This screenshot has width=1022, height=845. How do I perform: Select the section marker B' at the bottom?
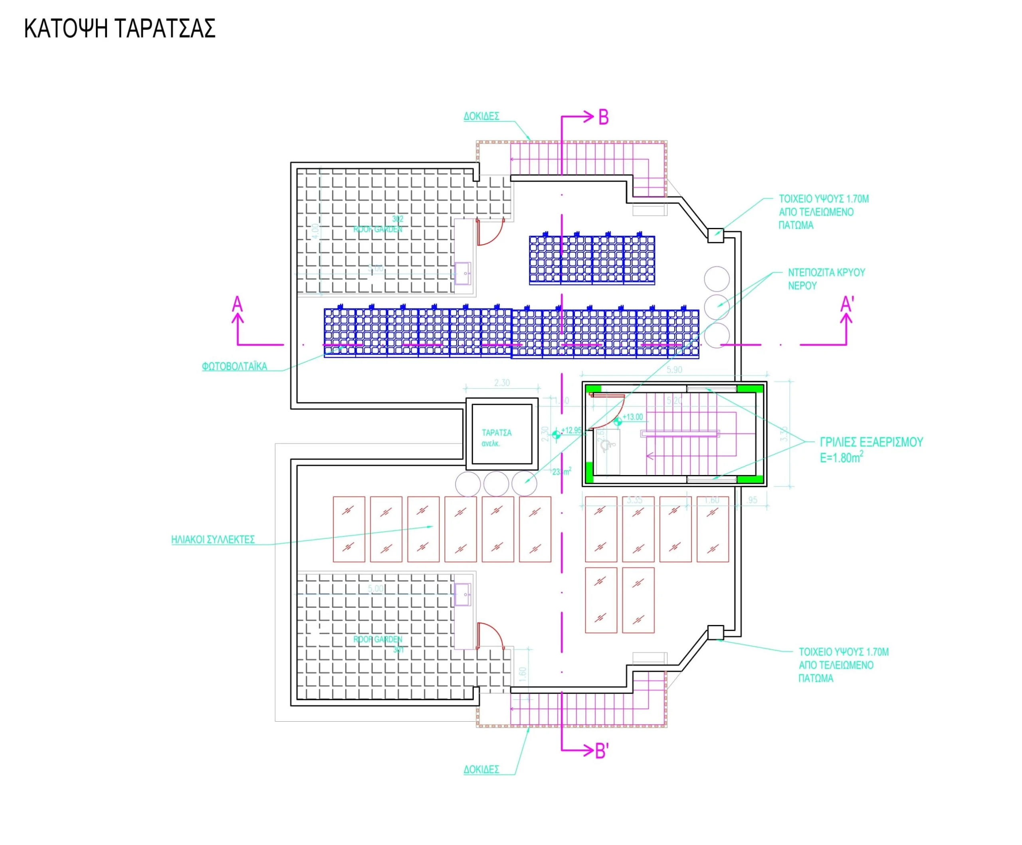click(602, 751)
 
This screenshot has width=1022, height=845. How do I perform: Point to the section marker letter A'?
click(847, 305)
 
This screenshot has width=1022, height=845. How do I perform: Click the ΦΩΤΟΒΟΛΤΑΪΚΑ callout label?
click(235, 367)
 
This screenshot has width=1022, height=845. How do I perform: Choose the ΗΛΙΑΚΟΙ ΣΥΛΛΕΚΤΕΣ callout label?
click(213, 540)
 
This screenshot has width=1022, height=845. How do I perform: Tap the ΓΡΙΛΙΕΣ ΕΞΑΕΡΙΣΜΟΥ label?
click(871, 442)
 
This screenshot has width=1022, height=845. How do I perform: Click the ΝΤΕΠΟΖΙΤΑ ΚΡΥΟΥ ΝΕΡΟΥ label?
click(826, 279)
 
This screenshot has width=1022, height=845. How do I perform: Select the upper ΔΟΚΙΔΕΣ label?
click(481, 116)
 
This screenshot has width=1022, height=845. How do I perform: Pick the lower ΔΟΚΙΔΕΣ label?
click(481, 770)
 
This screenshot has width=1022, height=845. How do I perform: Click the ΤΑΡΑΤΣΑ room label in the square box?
click(496, 432)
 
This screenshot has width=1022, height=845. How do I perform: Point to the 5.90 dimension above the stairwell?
click(674, 370)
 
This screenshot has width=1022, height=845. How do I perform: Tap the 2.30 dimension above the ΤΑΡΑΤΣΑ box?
click(502, 383)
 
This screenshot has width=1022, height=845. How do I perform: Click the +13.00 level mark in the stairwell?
click(632, 417)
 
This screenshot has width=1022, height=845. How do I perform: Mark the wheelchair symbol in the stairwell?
click(606, 445)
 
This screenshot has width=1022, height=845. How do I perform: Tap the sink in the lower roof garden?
click(462, 594)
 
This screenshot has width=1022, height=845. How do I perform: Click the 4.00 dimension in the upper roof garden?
click(315, 231)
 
